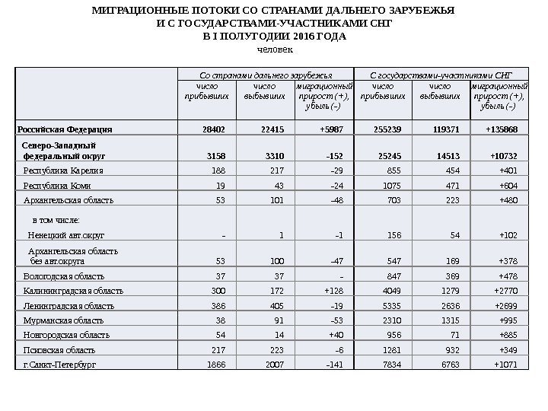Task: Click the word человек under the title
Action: pyautogui.click(x=274, y=49)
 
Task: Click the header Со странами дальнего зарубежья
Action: pyautogui.click(x=266, y=76)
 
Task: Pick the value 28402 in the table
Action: pyautogui.click(x=213, y=129)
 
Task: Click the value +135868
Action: pyautogui.click(x=501, y=129)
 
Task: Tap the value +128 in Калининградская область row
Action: pyautogui.click(x=333, y=291)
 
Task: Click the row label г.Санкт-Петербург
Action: pyautogui.click(x=60, y=365)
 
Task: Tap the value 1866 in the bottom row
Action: pyautogui.click(x=216, y=365)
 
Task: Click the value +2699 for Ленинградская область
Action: pyautogui.click(x=504, y=306)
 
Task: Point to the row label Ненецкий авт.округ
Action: pyautogui.click(x=66, y=235)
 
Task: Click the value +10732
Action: pyautogui.click(x=502, y=157)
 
